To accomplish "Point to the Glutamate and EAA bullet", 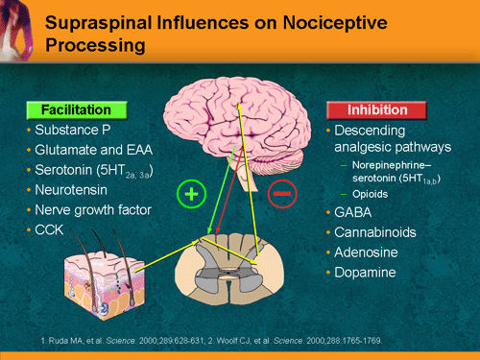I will tap(84, 150).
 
